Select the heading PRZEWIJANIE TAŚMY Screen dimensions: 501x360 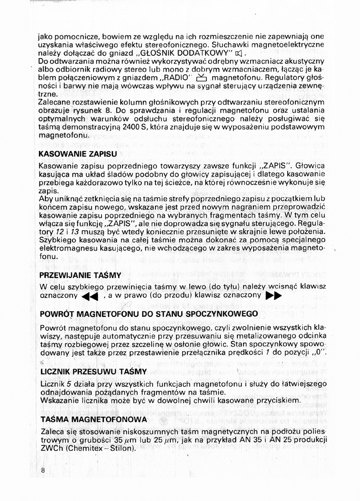pos(74,275)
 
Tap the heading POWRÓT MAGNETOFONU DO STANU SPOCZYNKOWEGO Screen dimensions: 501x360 pos(142,314)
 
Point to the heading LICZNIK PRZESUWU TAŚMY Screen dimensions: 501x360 pos(93,372)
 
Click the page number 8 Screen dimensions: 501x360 pos(42,470)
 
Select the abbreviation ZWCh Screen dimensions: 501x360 pos(50,449)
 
